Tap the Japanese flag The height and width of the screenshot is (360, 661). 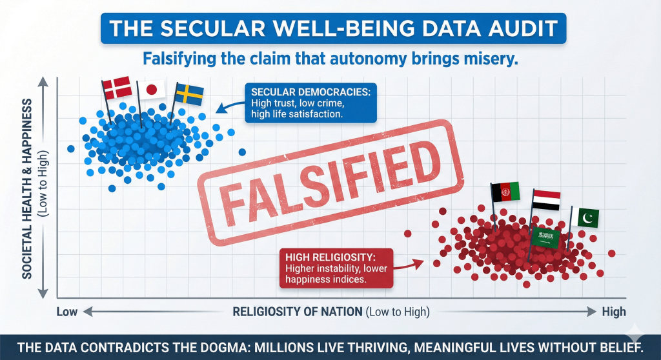[152, 89]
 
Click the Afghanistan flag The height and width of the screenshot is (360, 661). [505, 192]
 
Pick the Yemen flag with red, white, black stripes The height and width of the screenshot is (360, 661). [546, 200]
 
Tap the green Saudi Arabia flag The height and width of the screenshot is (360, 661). [545, 237]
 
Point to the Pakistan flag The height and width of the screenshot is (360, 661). [586, 218]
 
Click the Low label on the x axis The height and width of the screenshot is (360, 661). [67, 312]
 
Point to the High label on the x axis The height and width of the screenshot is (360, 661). [613, 312]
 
